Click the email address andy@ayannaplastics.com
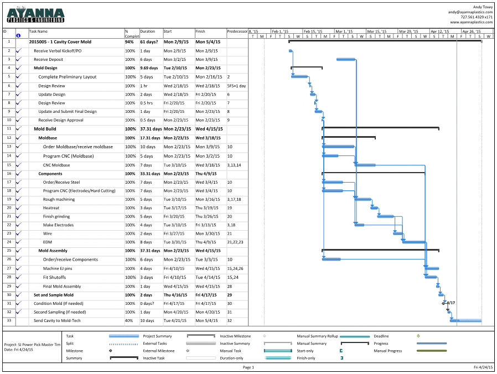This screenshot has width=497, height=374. pyautogui.click(x=470, y=12)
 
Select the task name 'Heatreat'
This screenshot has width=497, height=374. pyautogui.click(x=51, y=207)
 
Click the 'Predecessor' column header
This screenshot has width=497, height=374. pyautogui.click(x=237, y=32)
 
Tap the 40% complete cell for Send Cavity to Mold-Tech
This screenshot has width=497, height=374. pyautogui.click(x=130, y=321)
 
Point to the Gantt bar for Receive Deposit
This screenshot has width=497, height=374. pyautogui.click(x=346, y=59)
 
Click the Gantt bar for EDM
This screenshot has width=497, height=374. pyautogui.click(x=414, y=242)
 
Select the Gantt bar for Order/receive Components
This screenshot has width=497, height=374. pyautogui.click(x=331, y=259)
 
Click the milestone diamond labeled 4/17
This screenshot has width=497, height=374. pyautogui.click(x=443, y=303)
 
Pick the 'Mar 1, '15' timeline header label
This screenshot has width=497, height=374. pyautogui.click(x=344, y=32)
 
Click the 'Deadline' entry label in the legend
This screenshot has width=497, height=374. pyautogui.click(x=381, y=336)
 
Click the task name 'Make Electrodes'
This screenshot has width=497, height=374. pyautogui.click(x=58, y=225)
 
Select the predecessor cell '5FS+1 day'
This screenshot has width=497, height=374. pyautogui.click(x=236, y=86)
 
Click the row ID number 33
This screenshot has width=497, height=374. pyautogui.click(x=9, y=320)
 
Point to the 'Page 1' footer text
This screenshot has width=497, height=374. pyautogui.click(x=249, y=367)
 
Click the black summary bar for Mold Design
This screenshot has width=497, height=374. pyautogui.click(x=307, y=67)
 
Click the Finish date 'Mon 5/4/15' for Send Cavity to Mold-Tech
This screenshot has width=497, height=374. pyautogui.click(x=208, y=321)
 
